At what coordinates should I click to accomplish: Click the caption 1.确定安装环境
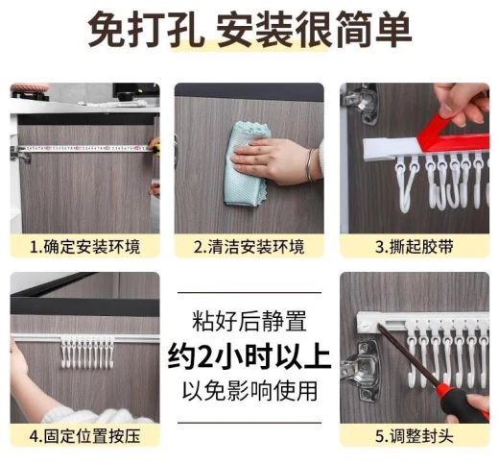pyautogui.click(x=85, y=247)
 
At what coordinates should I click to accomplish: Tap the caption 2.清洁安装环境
pyautogui.click(x=249, y=247)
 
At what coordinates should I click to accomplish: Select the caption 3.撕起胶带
pyautogui.click(x=415, y=247)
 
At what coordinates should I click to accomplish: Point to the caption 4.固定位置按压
pyautogui.click(x=85, y=436)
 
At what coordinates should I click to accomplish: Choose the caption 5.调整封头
pyautogui.click(x=415, y=436)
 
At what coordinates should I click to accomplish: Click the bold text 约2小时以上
pyautogui.click(x=249, y=355)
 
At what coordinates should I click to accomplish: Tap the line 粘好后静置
pyautogui.click(x=249, y=321)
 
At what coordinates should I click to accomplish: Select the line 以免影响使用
pyautogui.click(x=249, y=391)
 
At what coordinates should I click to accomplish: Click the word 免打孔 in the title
pyautogui.click(x=146, y=29)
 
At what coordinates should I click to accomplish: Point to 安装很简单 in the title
pyautogui.click(x=314, y=29)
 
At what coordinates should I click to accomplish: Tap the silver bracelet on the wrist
pyautogui.click(x=310, y=165)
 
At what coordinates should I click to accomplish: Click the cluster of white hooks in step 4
pyautogui.click(x=87, y=352)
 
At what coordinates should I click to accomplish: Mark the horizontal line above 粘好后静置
pyautogui.click(x=249, y=293)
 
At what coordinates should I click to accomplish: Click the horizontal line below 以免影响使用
pyautogui.click(x=249, y=423)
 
